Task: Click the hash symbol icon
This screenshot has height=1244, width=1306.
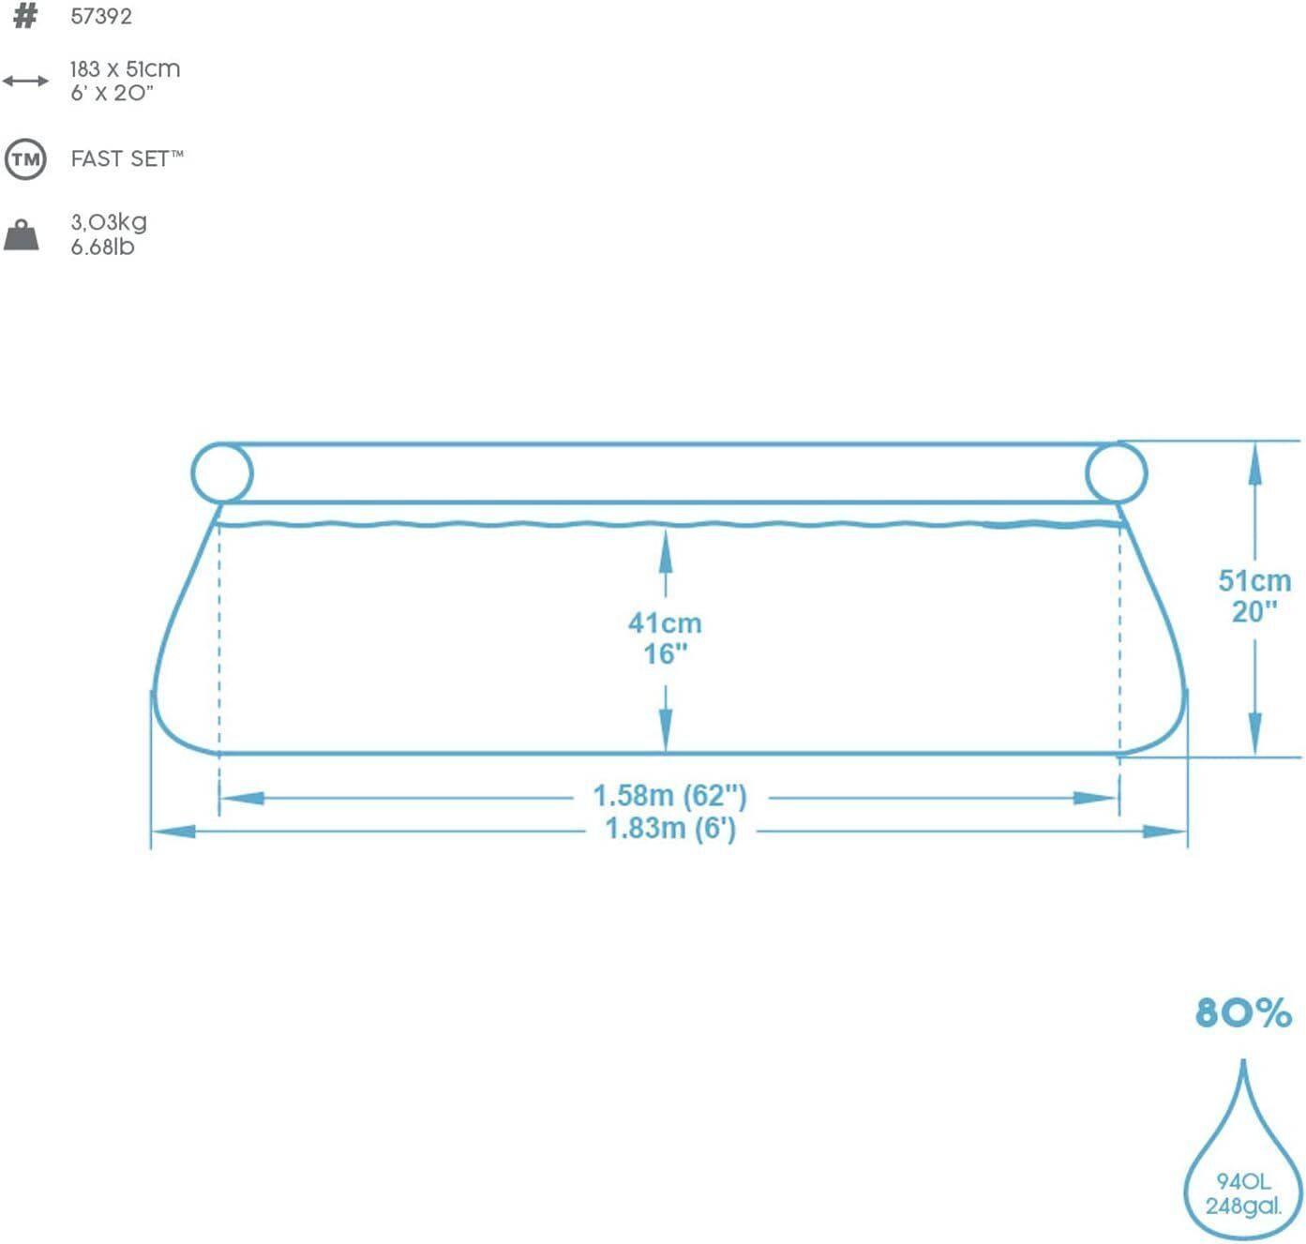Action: click(25, 16)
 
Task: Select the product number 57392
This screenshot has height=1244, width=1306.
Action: click(101, 17)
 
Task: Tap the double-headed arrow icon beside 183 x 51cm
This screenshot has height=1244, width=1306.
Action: click(25, 81)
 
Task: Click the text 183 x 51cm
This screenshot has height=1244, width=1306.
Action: click(125, 69)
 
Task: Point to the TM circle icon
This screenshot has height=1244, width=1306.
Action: click(25, 159)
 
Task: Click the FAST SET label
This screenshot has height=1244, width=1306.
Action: click(127, 158)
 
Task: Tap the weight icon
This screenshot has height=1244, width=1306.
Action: click(22, 235)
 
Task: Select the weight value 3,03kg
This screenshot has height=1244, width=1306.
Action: click(109, 222)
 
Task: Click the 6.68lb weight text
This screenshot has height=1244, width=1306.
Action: click(103, 247)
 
